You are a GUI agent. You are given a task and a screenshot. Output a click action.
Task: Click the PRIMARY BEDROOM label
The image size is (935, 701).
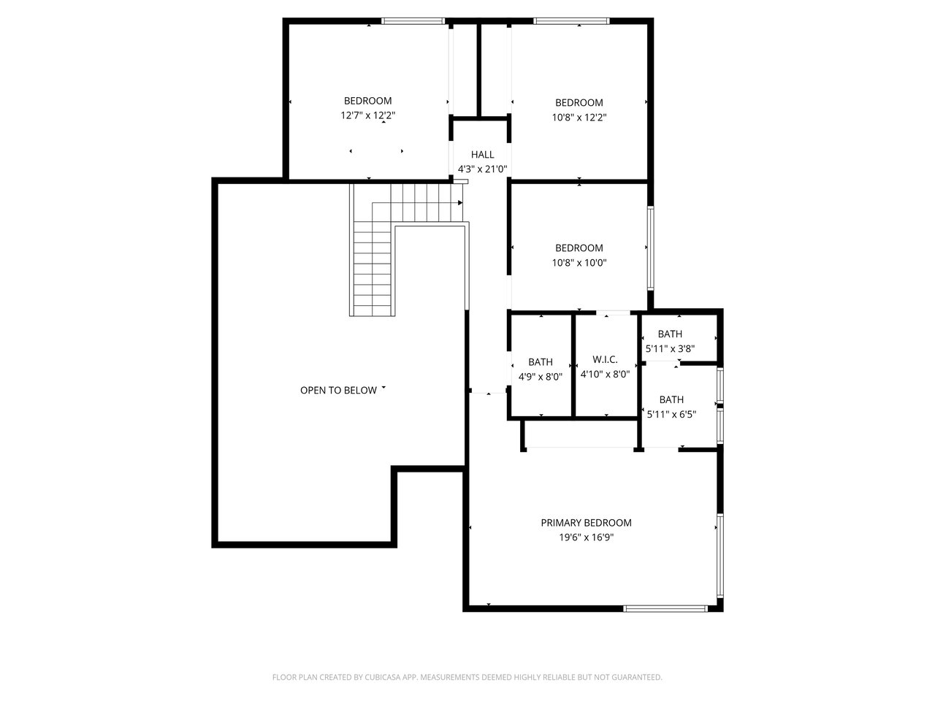(586, 523)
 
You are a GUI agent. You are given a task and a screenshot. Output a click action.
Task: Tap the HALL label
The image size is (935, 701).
(482, 155)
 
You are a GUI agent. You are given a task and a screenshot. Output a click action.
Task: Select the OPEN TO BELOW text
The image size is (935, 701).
(338, 390)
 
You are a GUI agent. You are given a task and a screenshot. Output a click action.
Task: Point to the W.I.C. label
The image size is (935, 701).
(605, 360)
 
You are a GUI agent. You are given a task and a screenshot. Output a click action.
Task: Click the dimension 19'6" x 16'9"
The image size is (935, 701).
(586, 537)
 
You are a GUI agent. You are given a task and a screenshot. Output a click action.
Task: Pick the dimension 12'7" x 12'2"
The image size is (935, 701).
(367, 115)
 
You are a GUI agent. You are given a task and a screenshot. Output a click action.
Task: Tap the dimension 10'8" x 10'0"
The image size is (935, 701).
(579, 263)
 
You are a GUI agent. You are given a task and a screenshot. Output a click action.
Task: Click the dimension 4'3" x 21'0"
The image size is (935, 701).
(482, 169)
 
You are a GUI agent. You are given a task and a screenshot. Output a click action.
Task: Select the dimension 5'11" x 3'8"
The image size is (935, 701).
(670, 348)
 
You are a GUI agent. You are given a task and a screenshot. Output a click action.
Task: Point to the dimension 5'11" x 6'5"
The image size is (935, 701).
(671, 414)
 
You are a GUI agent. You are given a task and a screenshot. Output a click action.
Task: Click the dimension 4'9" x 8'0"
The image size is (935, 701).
(540, 377)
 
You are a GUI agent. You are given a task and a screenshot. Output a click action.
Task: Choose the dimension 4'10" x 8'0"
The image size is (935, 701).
(605, 374)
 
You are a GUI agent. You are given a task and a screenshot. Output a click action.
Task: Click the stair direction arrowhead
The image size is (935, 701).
(460, 202)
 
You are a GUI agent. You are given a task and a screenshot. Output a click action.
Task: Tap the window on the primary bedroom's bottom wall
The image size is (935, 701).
(665, 609)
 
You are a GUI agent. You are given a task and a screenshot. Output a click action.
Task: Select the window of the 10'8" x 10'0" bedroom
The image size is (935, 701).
(650, 248)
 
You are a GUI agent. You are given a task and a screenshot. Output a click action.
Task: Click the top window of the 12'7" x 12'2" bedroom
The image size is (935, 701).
(413, 21)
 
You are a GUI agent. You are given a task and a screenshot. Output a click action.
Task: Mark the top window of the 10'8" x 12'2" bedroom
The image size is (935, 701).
(571, 21)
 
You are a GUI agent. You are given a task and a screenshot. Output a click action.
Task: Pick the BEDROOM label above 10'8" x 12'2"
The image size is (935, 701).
(579, 102)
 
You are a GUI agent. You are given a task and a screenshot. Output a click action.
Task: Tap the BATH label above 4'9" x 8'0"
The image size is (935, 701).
(540, 362)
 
